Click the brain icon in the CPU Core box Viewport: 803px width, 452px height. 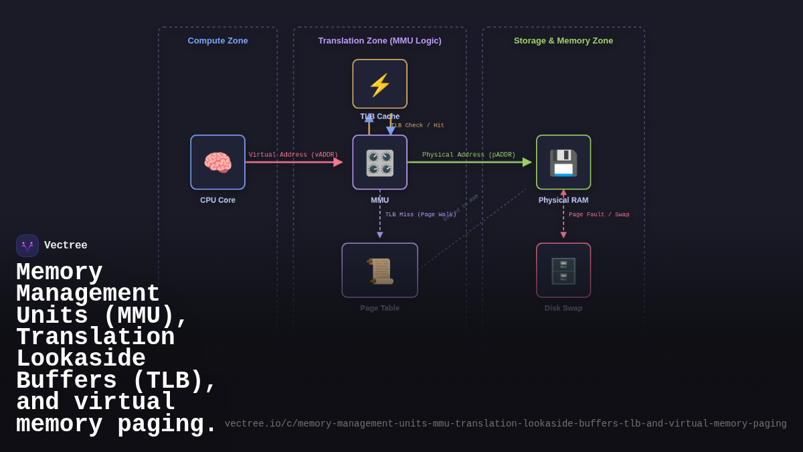[217, 163]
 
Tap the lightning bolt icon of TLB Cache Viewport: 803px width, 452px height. [379, 85]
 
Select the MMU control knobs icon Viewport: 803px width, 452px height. [379, 163]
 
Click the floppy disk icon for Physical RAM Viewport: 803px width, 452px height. [563, 163]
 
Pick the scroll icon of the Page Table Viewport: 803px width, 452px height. [379, 271]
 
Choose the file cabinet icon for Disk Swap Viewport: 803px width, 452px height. [563, 271]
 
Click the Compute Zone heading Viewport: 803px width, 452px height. [217, 41]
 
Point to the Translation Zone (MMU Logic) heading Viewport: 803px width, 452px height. [379, 41]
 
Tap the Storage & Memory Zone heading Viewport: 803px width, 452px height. [563, 41]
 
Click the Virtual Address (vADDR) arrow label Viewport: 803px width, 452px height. [293, 155]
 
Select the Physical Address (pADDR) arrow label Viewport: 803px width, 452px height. [468, 155]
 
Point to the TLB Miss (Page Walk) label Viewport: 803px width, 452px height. [420, 215]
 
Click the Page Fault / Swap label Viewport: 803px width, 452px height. [599, 215]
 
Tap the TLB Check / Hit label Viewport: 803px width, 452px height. [418, 126]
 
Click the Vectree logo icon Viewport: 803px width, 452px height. [27, 246]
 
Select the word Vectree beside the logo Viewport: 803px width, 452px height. [66, 246]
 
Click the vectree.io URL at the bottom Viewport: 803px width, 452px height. [505, 424]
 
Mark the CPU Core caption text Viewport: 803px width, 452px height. [217, 200]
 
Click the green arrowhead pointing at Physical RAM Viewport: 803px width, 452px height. [527, 162]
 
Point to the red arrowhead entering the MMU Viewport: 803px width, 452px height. [338, 162]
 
